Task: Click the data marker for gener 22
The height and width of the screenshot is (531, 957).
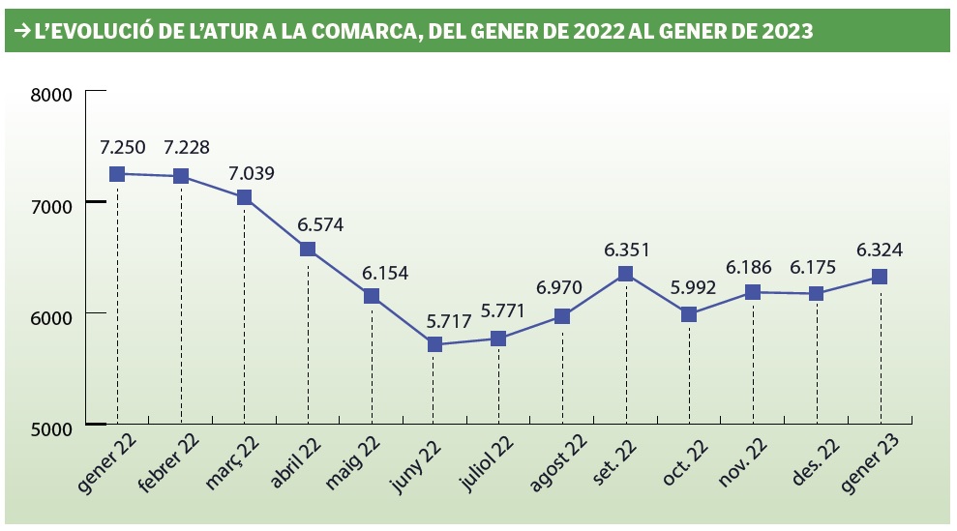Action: coord(117,174)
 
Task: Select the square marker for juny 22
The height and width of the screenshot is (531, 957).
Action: coord(434,344)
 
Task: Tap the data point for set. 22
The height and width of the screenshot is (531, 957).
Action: coord(626,274)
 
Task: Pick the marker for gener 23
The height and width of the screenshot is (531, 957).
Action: coord(880,277)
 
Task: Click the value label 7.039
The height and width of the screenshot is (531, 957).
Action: coord(251,174)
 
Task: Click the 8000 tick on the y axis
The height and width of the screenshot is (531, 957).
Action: coord(52,95)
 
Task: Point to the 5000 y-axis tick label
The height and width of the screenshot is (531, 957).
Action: coord(52,426)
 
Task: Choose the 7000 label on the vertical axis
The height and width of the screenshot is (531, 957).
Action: coord(52,206)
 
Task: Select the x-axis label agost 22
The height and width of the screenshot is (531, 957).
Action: coord(556,461)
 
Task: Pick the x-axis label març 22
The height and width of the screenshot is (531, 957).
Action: coord(233,458)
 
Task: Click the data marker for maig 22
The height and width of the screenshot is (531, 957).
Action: coord(372,297)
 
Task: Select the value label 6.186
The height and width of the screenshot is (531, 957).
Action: coord(751,265)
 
